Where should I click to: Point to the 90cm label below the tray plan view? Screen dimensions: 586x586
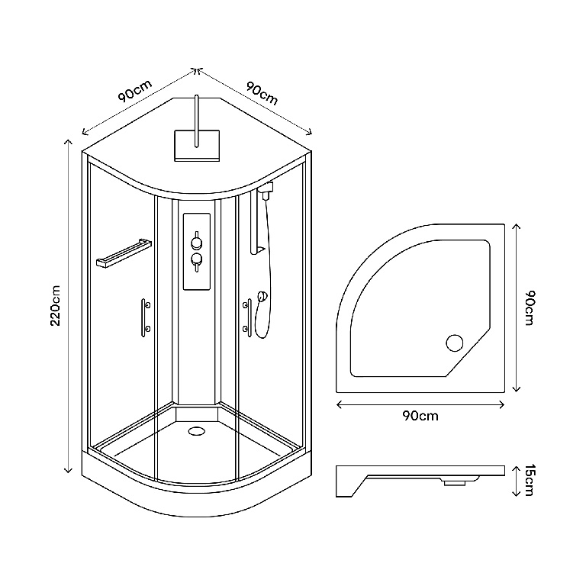point(420,416)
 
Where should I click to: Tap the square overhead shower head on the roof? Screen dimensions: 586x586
point(197,144)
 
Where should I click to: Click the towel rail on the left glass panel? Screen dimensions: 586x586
point(121,253)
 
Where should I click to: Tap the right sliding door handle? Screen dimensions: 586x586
point(248,316)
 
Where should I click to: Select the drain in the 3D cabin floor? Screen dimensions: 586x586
point(197,430)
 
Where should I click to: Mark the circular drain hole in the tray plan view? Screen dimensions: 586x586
point(456,343)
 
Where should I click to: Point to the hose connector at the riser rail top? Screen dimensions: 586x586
point(265,190)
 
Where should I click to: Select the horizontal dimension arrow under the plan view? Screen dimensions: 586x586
point(420,403)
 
